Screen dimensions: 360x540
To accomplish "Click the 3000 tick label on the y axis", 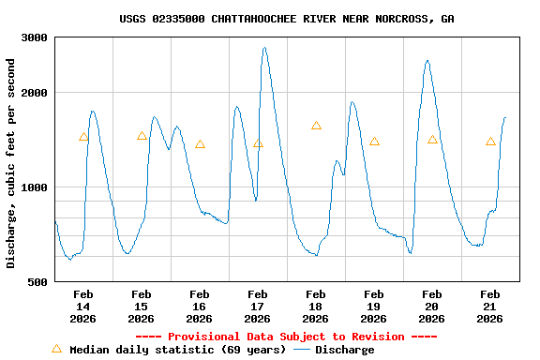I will pos(35,37).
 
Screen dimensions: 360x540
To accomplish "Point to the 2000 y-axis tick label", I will pos(35,92).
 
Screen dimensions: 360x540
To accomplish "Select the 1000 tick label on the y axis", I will pos(35,187).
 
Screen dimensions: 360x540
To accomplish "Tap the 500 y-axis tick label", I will pos(37,281).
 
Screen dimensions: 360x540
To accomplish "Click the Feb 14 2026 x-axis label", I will pos(83,306).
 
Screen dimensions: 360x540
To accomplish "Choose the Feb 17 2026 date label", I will pos(258,306).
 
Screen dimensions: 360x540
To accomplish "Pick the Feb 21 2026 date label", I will pos(490,306).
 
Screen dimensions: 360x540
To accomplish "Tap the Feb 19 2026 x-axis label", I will pos(374,306).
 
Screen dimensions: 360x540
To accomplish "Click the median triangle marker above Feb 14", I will pos(83,137).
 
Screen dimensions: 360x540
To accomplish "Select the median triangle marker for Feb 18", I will pos(316,126).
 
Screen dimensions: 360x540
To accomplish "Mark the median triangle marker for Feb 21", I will pos(490,142).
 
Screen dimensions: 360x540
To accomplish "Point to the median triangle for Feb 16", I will pos(200,144).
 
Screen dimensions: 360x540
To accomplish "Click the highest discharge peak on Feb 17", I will pos(264,48).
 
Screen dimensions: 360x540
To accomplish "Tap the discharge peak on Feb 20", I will pos(427,61).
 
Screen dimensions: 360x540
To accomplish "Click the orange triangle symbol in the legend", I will pos(56,349).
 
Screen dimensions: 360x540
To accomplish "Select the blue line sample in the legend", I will pos(302,350).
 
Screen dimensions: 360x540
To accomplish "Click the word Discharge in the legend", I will pos(344,350).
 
